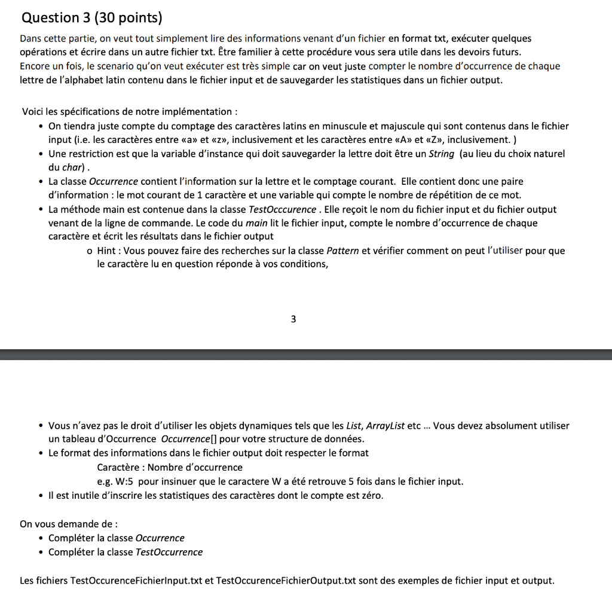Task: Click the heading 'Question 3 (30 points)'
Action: pos(91,18)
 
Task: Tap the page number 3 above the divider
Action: pos(293,319)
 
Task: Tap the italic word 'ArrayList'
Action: pos(384,426)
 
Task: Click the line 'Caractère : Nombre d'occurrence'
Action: pos(170,467)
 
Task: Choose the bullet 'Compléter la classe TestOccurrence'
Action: pos(126,552)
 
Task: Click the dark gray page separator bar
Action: pos(306,355)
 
